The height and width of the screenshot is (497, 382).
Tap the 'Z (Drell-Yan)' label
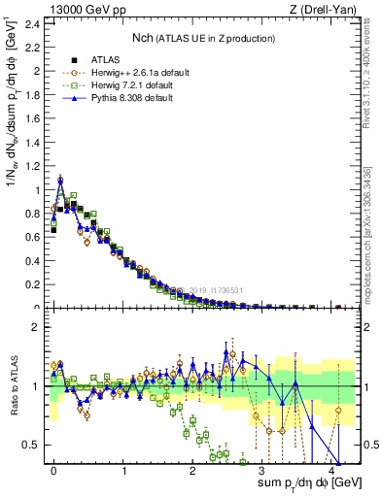pyautogui.click(x=327, y=9)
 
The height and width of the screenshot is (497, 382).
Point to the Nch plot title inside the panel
pyautogui.click(x=204, y=38)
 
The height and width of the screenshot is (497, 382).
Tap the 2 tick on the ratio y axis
pyautogui.click(x=37, y=327)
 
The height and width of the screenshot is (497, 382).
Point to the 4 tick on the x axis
pyautogui.click(x=331, y=471)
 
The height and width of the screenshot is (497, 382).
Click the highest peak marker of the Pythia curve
pyautogui.click(x=60, y=180)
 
